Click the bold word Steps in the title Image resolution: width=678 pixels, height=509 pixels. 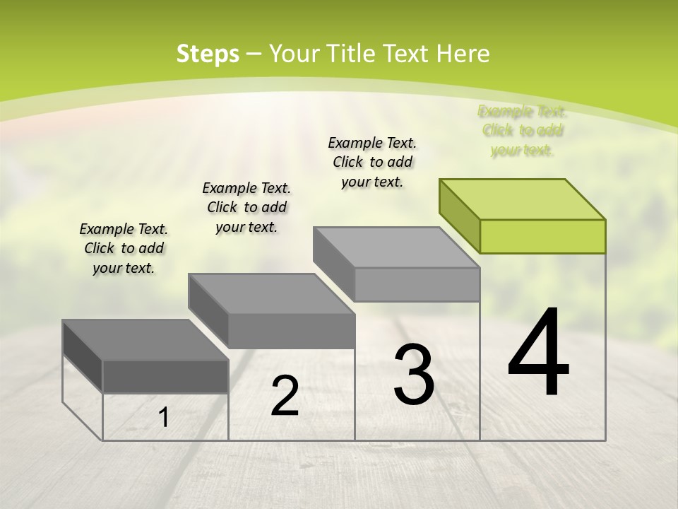point(207,54)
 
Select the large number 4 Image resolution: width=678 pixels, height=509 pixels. point(538,353)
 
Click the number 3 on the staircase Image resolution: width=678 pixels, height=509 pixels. point(414,375)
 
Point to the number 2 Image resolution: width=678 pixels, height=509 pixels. point(285,396)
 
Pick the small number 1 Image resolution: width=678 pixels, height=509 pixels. point(164,418)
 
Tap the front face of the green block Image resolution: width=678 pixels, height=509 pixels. point(542,236)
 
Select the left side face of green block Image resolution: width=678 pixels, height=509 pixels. point(459,215)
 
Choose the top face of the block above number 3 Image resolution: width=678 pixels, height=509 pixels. point(396,247)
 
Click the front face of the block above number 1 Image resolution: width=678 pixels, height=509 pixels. point(165,376)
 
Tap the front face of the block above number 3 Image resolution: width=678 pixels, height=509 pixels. point(417,284)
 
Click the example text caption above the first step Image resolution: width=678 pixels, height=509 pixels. point(124,248)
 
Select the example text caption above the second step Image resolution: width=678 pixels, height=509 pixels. point(246,207)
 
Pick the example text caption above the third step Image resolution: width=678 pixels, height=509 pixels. point(372,162)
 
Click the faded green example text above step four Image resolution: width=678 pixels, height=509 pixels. point(523,130)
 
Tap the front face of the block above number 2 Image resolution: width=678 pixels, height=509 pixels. point(291,331)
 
